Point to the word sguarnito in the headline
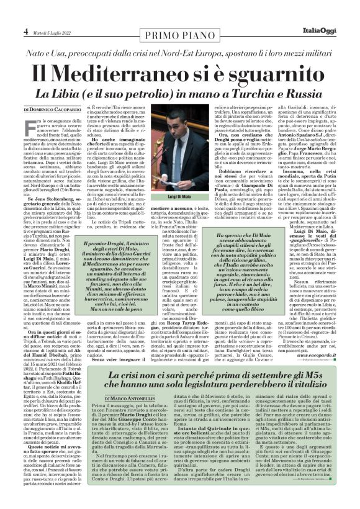272,72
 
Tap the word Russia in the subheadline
302,94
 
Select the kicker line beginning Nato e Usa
180,48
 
